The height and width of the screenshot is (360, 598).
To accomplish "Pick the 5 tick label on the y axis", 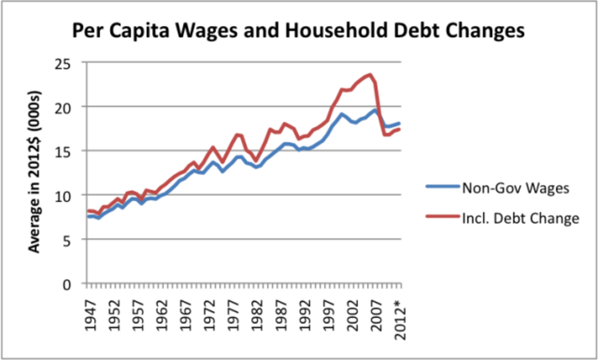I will pyautogui.click(x=74, y=239).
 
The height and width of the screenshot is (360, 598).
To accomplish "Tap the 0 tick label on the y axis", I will pyautogui.click(x=74, y=284).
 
